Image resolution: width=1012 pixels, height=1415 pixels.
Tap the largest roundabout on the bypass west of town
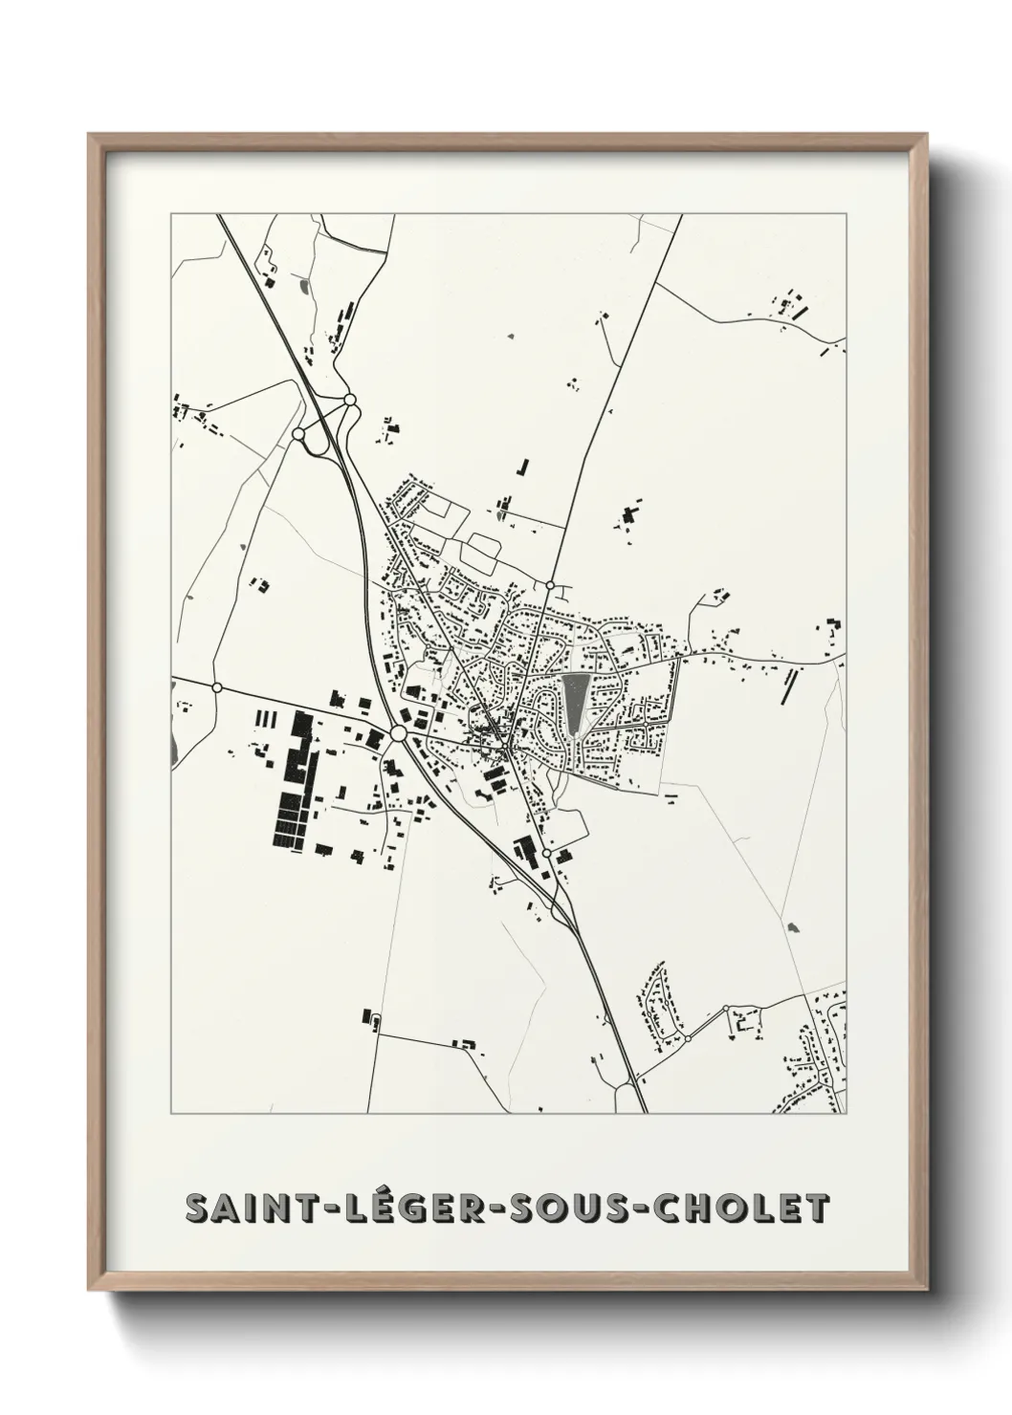click(x=398, y=733)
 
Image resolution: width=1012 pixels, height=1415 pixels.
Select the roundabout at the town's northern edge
click(x=550, y=584)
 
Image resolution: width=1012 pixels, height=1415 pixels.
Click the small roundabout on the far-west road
click(x=217, y=687)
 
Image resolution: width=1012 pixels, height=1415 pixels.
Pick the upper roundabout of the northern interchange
click(x=350, y=400)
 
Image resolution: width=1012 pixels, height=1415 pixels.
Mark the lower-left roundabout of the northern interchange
click(x=298, y=434)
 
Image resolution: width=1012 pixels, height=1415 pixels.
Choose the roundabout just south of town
click(x=546, y=853)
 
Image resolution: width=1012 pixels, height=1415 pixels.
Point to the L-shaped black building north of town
click(x=522, y=468)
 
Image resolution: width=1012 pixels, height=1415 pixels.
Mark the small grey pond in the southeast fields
click(x=791, y=926)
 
